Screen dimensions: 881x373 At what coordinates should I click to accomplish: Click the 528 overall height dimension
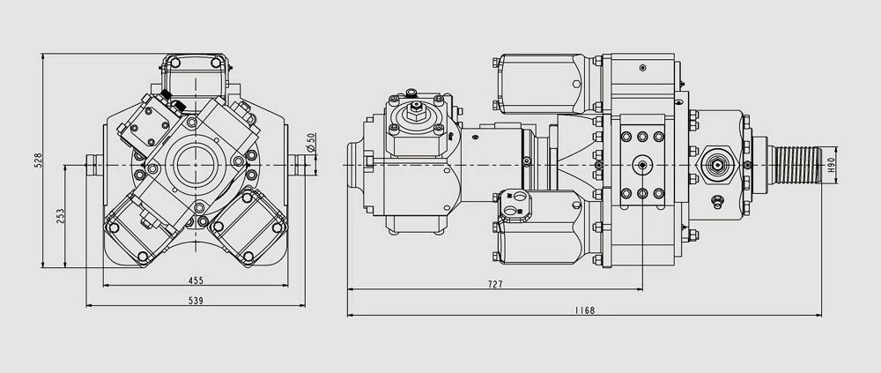click(x=38, y=160)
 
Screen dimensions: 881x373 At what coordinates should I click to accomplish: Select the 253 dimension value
click(x=60, y=215)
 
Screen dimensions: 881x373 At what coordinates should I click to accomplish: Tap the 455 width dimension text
click(x=196, y=280)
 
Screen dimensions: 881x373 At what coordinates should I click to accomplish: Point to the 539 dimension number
click(x=196, y=301)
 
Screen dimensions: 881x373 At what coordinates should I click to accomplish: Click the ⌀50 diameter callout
click(x=311, y=142)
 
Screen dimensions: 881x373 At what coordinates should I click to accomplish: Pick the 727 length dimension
click(x=494, y=284)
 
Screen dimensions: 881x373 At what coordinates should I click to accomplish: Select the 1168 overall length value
click(x=584, y=310)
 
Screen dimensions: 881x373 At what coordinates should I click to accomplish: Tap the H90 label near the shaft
click(x=831, y=165)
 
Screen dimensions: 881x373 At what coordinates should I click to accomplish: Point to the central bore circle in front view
click(x=195, y=165)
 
